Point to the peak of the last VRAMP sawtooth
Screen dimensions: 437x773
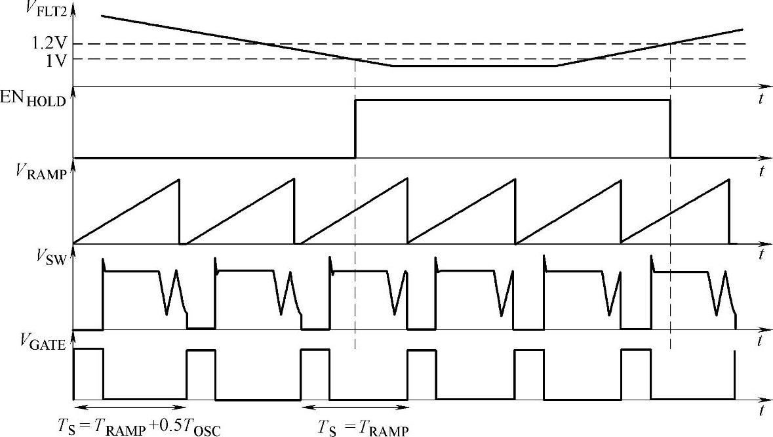tap(728, 180)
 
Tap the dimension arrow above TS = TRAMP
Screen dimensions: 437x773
tap(353, 405)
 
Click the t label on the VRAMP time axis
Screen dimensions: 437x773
tap(762, 253)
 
